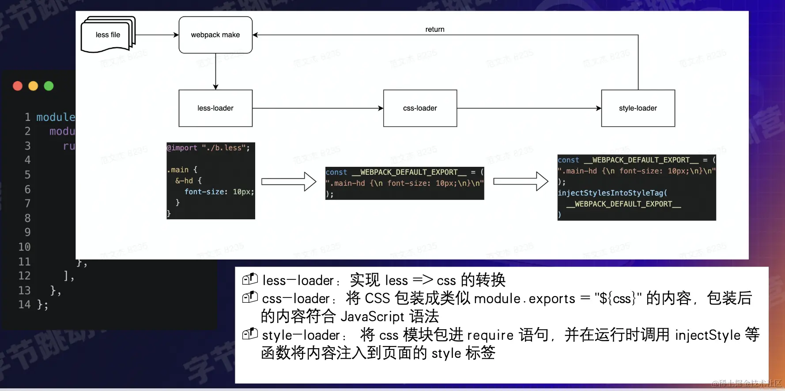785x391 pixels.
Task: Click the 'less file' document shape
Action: [108, 35]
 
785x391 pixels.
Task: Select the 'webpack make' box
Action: [215, 35]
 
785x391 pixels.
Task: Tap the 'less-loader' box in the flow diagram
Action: [215, 108]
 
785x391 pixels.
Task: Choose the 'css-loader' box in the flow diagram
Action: [420, 108]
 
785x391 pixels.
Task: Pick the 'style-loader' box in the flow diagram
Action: [638, 108]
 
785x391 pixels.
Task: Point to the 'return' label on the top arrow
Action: [435, 29]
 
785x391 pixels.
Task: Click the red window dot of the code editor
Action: [18, 86]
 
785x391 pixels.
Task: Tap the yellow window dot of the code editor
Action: [33, 86]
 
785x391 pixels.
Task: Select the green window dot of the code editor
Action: [49, 86]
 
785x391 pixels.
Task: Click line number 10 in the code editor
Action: [24, 247]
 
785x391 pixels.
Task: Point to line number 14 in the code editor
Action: [24, 305]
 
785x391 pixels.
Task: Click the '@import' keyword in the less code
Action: [182, 148]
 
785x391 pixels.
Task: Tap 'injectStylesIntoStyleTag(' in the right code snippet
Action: [612, 193]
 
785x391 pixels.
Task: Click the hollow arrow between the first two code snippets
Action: [289, 181]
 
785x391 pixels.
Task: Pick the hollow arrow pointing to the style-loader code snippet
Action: [521, 181]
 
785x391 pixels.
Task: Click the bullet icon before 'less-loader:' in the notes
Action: [250, 279]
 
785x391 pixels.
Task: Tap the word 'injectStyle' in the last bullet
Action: [708, 335]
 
